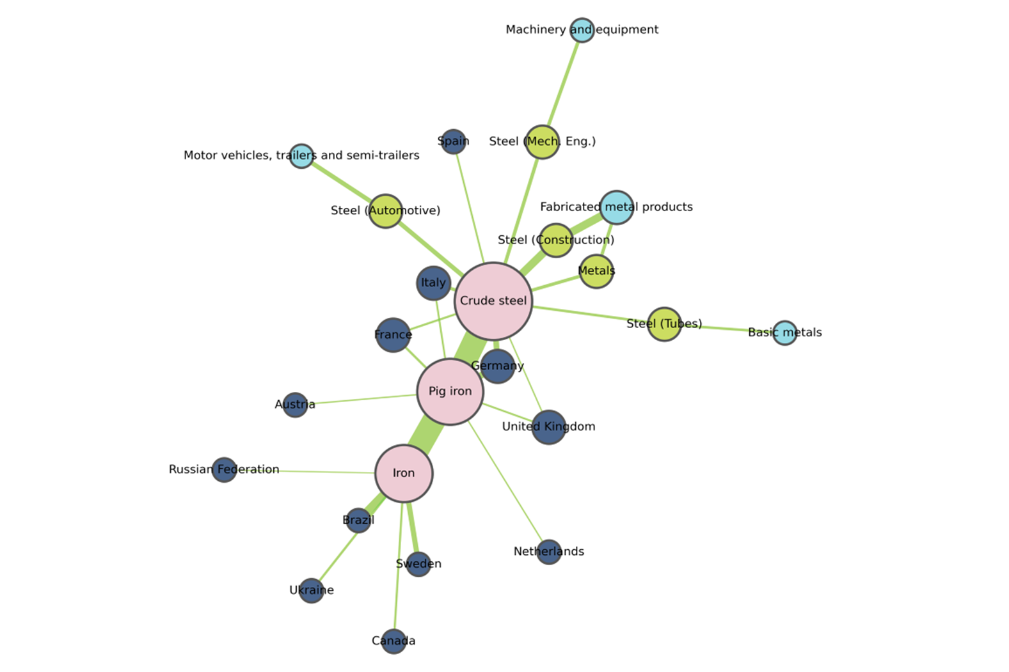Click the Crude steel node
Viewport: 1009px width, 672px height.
click(493, 301)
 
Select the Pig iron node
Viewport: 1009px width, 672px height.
click(450, 391)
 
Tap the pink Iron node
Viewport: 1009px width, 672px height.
click(404, 473)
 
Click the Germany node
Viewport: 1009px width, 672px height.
click(497, 366)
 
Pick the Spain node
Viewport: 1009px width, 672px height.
click(453, 141)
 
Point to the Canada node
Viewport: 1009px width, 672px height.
click(393, 641)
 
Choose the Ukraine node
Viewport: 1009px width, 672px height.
click(311, 590)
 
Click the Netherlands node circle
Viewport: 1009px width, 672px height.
click(549, 551)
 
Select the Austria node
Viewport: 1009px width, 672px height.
click(295, 405)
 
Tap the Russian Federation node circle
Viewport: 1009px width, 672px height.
click(224, 470)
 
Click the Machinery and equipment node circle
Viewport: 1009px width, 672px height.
click(582, 30)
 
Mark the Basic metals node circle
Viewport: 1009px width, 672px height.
click(784, 332)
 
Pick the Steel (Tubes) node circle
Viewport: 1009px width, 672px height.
click(664, 324)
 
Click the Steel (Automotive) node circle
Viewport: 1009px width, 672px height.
click(385, 211)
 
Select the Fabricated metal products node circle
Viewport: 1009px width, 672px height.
click(617, 207)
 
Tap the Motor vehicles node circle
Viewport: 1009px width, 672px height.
click(301, 156)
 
